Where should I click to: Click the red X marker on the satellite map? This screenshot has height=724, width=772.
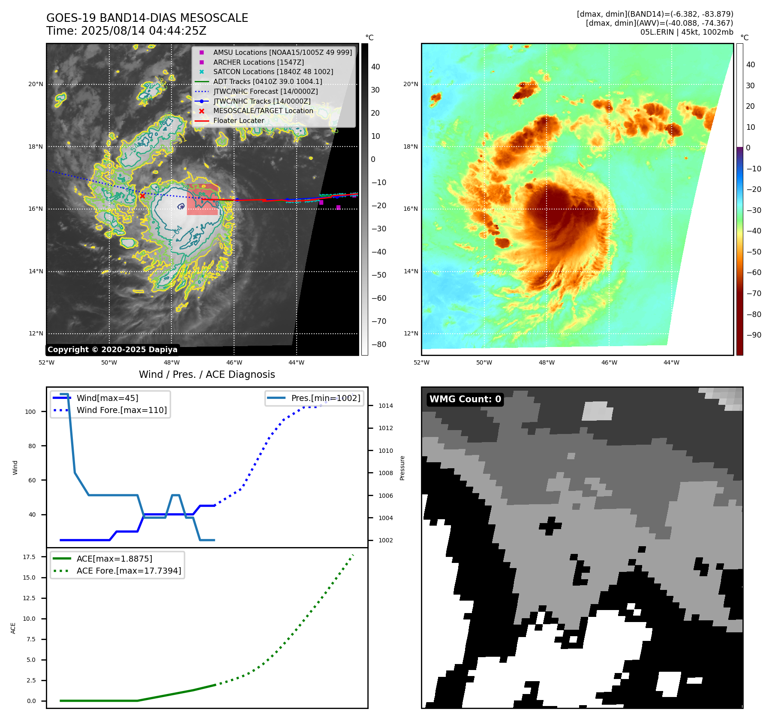tap(142, 196)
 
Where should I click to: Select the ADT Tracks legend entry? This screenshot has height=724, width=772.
tap(267, 81)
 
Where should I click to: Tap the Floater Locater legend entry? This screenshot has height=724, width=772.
tap(238, 120)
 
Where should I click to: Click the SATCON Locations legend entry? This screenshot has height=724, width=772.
tap(273, 72)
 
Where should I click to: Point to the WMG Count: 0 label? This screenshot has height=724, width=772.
tap(465, 399)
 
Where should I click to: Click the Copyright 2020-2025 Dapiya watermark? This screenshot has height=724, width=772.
tap(112, 350)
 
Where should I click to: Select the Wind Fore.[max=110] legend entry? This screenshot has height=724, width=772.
tap(121, 410)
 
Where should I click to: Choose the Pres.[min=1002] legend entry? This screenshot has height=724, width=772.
tap(325, 398)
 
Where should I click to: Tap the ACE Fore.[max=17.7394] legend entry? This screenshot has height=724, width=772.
tap(129, 571)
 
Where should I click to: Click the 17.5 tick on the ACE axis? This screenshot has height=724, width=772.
tap(29, 557)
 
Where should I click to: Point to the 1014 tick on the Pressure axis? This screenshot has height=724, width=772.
tap(385, 406)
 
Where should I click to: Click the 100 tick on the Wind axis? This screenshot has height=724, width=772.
tap(30, 412)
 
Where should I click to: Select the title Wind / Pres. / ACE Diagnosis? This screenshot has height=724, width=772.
tap(207, 374)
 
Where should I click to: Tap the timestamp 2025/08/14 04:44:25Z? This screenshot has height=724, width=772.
tap(144, 31)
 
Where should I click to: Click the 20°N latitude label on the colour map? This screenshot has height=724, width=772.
tap(410, 84)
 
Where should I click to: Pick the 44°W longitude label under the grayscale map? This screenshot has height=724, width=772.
tap(296, 362)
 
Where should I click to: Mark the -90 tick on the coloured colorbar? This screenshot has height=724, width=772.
tap(754, 335)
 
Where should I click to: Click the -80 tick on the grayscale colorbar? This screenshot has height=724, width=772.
tap(379, 344)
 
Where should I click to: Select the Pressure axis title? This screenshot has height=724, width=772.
tap(402, 468)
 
